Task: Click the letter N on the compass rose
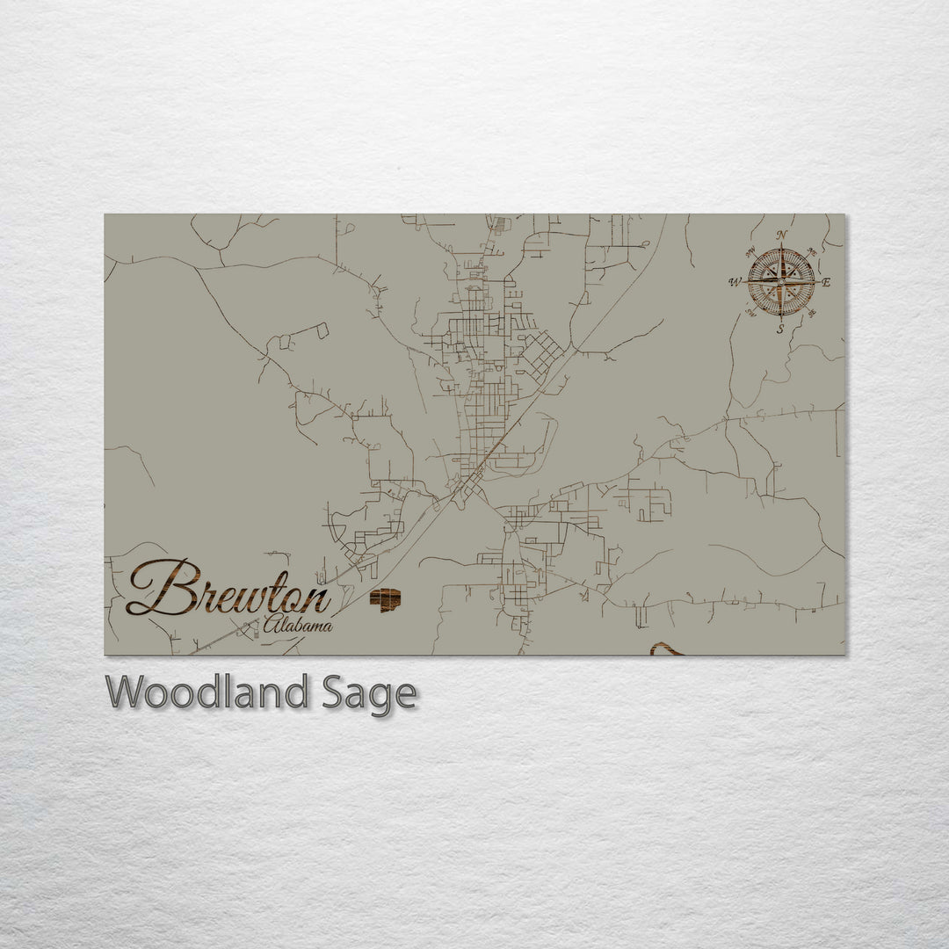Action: click(781, 235)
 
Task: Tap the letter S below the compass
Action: click(780, 330)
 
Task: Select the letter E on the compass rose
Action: click(827, 282)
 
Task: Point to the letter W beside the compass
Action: click(734, 282)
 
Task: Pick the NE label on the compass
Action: click(811, 252)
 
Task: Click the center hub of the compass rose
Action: click(781, 282)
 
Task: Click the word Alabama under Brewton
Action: click(298, 626)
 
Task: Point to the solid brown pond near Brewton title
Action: click(385, 600)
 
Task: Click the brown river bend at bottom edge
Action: click(666, 649)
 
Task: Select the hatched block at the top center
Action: click(499, 226)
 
